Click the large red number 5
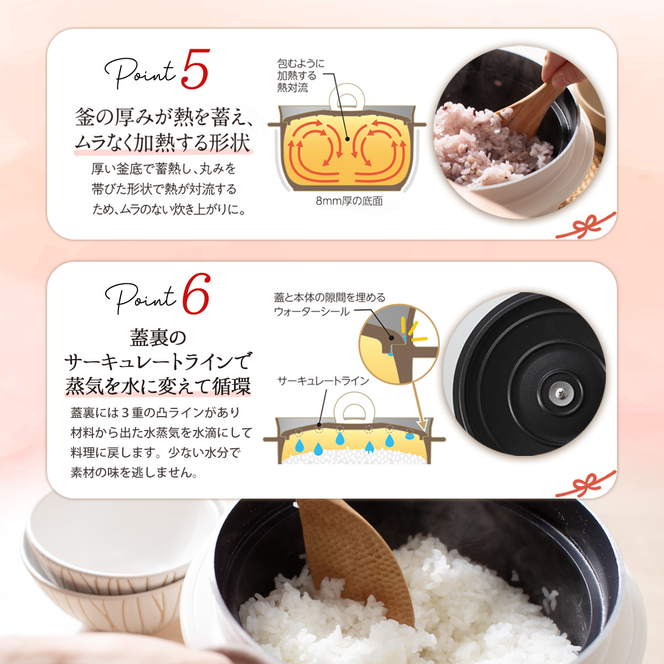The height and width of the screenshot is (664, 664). pos(195,70)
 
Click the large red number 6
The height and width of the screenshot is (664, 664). pos(196,294)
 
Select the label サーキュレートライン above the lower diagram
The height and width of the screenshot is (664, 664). pos(323,381)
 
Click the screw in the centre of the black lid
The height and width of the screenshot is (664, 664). pos(559,392)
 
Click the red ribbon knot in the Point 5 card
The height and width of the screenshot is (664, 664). pos(587,226)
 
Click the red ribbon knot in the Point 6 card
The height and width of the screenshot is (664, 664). pos(587,485)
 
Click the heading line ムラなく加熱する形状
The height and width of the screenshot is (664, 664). pos(163,142)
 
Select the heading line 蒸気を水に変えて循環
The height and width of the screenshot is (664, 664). pos(158,386)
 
